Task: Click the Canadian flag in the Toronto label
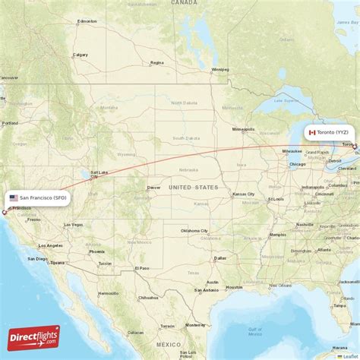pos(311,132)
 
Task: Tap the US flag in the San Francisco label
pos(13,197)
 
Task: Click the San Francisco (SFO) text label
pos(43,197)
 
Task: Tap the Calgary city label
pos(80,55)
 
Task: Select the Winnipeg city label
pos(219,70)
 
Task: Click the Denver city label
pos(154,187)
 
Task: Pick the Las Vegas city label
pos(73,225)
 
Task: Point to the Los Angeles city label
pos(52,245)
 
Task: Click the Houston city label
pos(234,287)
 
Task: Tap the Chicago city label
pos(297,163)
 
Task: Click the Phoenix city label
pos(96,251)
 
